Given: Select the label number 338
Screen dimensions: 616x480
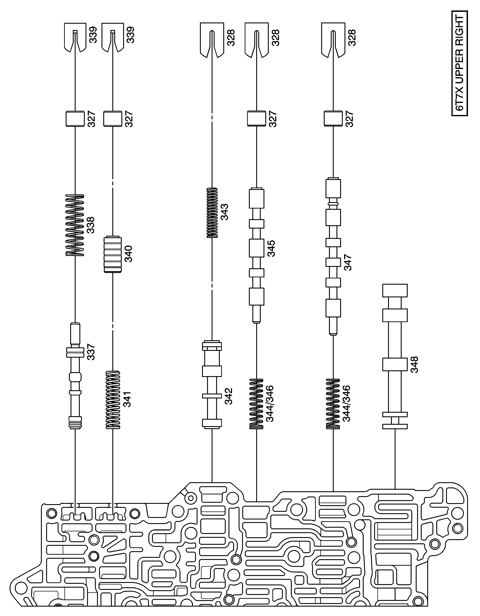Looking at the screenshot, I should (x=91, y=225).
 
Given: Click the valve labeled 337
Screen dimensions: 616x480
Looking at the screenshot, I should (x=75, y=376).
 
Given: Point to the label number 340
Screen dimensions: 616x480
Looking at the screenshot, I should (x=128, y=254).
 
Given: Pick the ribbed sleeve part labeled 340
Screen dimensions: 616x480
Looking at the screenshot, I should (x=113, y=254).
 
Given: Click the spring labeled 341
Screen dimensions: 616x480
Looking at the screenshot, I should (x=113, y=400).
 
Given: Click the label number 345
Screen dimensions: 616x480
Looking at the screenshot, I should (x=271, y=248).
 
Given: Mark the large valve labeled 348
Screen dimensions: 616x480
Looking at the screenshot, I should (x=395, y=356).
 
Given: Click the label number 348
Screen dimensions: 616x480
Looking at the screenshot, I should (x=414, y=364).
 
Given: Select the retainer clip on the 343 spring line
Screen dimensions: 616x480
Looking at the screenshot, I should (x=212, y=41).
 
